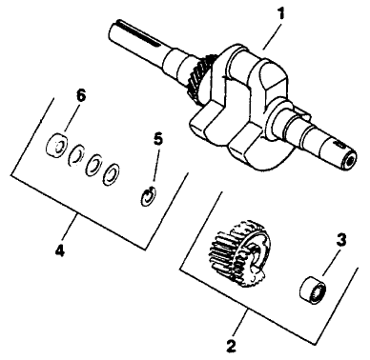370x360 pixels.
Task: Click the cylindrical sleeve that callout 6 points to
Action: point(57,146)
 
